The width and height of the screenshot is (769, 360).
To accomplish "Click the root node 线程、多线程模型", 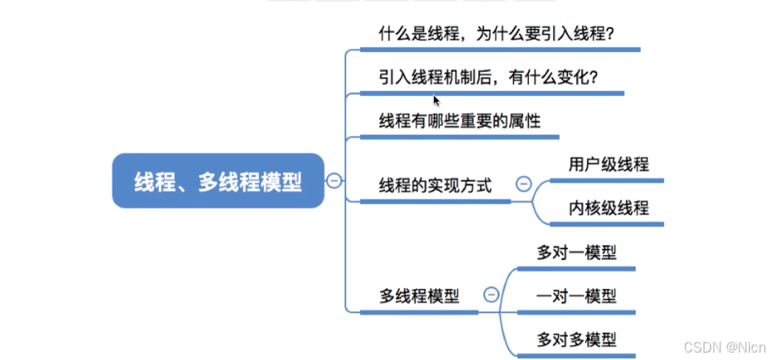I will coord(218,181).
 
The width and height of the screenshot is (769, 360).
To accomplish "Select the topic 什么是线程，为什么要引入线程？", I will coord(500,34).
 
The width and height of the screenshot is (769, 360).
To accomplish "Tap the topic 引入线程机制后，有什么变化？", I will coord(488,77).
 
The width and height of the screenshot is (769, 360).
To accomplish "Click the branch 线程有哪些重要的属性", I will coord(459,121).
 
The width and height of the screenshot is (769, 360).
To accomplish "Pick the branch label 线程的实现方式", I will coord(435,185).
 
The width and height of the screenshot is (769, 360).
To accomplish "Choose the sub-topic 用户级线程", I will coord(608,164).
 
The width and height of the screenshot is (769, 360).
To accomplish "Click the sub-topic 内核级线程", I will coord(608,208).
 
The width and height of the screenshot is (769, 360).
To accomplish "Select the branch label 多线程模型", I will coord(420,295).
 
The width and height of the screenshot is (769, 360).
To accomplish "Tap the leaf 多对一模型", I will coord(576,252).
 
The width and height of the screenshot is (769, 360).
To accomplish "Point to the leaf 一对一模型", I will coord(576,295).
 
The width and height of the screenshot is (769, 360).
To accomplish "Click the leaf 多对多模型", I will coord(576,339).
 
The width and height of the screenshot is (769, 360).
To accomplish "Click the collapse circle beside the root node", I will coord(334,181).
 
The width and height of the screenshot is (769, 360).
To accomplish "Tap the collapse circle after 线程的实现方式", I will coord(523,185).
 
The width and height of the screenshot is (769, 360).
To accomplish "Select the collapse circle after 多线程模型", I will coord(491,295).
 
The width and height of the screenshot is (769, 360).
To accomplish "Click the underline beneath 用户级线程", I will coord(608,180).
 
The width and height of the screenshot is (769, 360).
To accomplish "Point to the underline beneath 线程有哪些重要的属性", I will coord(459,136).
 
